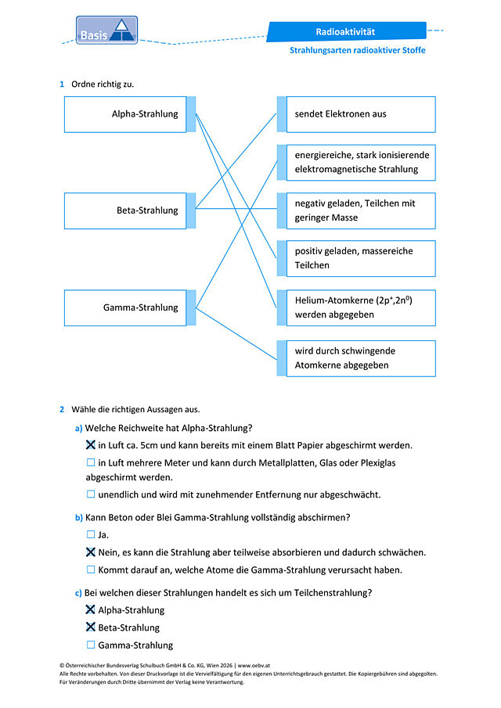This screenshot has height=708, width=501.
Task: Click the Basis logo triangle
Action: click(121, 31)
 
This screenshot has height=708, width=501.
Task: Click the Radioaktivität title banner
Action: click(347, 31)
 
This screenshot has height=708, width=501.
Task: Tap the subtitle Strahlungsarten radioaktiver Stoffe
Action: click(357, 50)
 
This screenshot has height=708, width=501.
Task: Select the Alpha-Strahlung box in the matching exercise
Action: click(125, 114)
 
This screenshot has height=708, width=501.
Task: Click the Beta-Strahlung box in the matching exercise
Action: click(125, 211)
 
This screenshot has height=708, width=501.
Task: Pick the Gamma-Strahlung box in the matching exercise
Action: click(125, 308)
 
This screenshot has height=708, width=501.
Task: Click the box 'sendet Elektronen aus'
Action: click(361, 114)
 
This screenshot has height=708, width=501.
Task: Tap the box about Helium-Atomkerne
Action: click(361, 308)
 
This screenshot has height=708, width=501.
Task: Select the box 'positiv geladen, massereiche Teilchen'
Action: click(361, 258)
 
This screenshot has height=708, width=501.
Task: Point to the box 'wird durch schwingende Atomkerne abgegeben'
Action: click(361, 358)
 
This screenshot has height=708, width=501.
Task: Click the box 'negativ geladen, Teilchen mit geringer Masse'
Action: click(361, 211)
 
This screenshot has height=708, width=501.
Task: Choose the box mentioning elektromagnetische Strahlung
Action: click(361, 163)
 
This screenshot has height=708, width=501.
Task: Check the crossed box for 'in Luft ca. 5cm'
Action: click(90, 445)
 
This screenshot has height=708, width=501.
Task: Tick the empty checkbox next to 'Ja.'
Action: click(91, 534)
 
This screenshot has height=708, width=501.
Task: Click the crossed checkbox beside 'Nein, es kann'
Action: click(90, 552)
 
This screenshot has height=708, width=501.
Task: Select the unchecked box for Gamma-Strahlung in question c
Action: click(91, 645)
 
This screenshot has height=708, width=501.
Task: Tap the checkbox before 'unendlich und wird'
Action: click(91, 494)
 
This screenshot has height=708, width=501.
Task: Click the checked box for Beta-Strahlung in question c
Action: click(90, 627)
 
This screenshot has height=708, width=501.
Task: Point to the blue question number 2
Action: click(62, 409)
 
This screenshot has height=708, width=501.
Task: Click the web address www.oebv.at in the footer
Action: click(254, 665)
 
